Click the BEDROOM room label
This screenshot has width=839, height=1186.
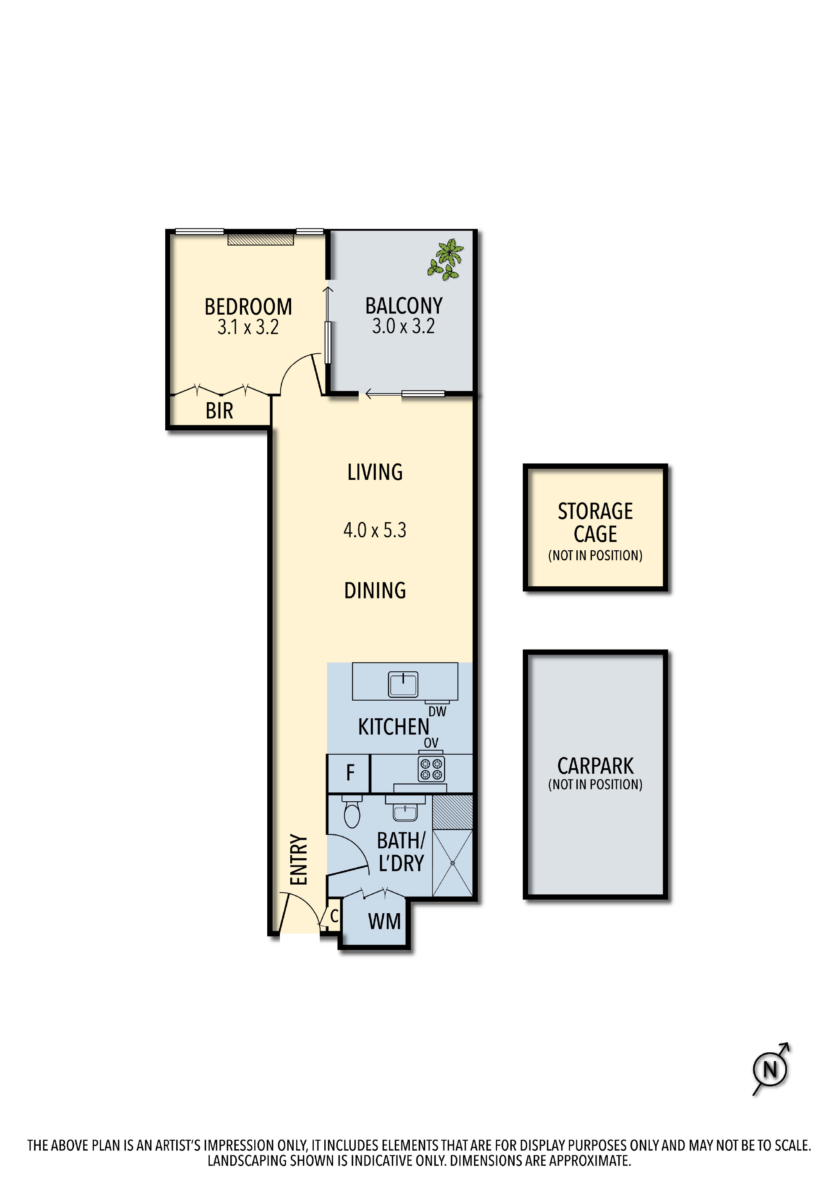248,307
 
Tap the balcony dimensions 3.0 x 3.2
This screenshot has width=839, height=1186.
403,326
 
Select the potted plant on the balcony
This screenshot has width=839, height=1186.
445,259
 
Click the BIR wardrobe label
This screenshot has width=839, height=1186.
219,411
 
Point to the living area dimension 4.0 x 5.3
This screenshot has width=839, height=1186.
375,530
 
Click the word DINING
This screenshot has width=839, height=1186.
375,590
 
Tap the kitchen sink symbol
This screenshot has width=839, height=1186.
403,684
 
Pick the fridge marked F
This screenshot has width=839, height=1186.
349,773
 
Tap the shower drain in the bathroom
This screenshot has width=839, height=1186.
452,863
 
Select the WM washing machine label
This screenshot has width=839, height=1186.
384,922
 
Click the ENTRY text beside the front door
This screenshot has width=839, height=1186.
299,860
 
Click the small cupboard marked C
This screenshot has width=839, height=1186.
334,916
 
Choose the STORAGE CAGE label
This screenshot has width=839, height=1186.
595,522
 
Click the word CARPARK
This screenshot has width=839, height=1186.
595,766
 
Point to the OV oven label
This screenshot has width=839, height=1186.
431,743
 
